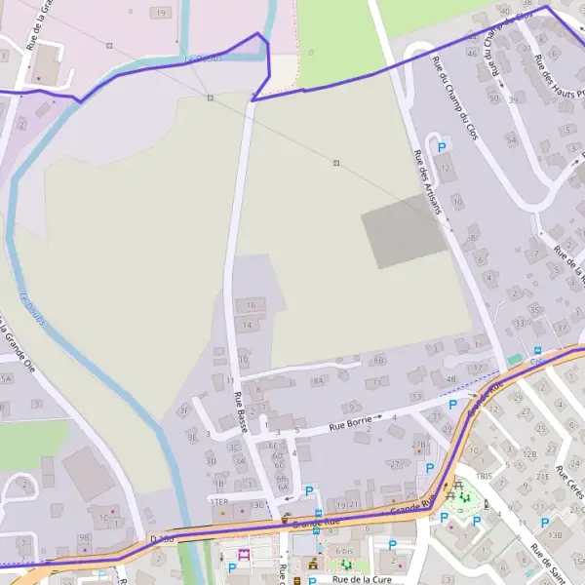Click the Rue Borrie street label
(349, 425)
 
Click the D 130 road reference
(162, 538)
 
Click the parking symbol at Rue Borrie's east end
(451, 404)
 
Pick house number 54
(511, 140)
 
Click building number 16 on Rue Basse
(250, 305)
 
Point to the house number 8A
(317, 382)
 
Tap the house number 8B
(379, 360)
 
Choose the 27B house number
(418, 445)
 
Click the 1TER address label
(220, 501)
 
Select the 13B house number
(555, 534)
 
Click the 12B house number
(529, 454)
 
